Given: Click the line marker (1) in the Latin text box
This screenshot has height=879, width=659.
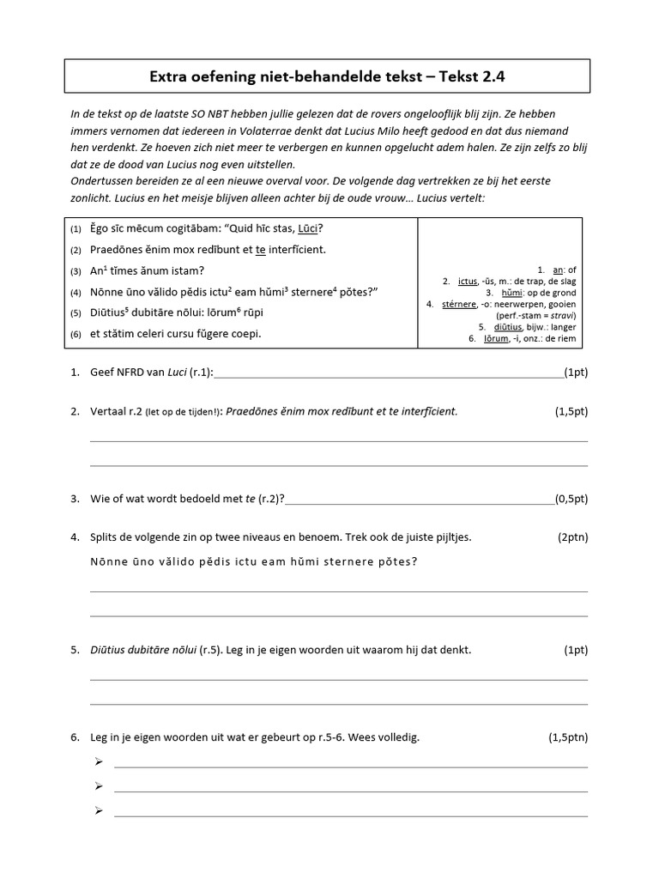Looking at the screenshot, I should tap(76, 229).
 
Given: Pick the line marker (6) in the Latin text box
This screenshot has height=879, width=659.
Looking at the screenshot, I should tap(76, 334).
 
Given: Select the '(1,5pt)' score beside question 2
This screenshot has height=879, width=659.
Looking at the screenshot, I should tap(571, 411).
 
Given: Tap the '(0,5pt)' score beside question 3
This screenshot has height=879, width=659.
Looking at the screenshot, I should tap(571, 498).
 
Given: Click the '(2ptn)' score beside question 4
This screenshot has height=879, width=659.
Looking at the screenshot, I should tap(572, 537).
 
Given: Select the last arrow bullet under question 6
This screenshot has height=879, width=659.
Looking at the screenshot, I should tap(99, 810).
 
